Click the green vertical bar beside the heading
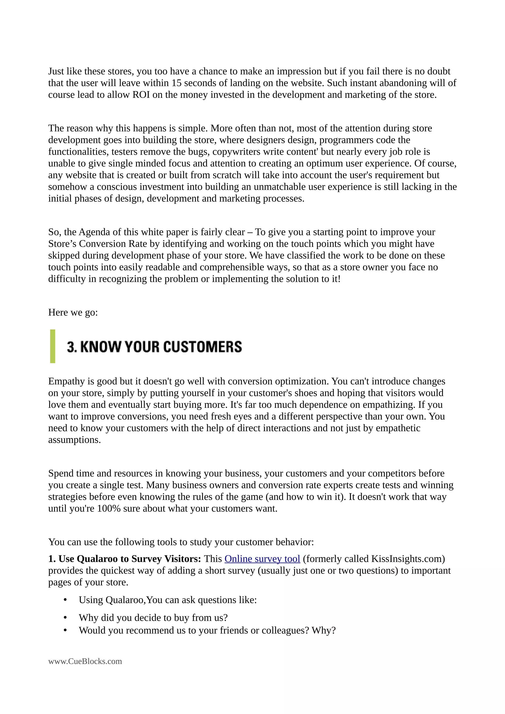[53, 346]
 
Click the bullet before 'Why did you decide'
[65, 618]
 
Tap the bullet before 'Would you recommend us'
[65, 630]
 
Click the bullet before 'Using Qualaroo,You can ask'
[65, 600]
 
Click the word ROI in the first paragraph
[141, 95]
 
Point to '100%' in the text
[108, 509]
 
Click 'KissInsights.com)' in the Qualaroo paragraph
[408, 559]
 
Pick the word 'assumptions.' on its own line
[75, 440]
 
